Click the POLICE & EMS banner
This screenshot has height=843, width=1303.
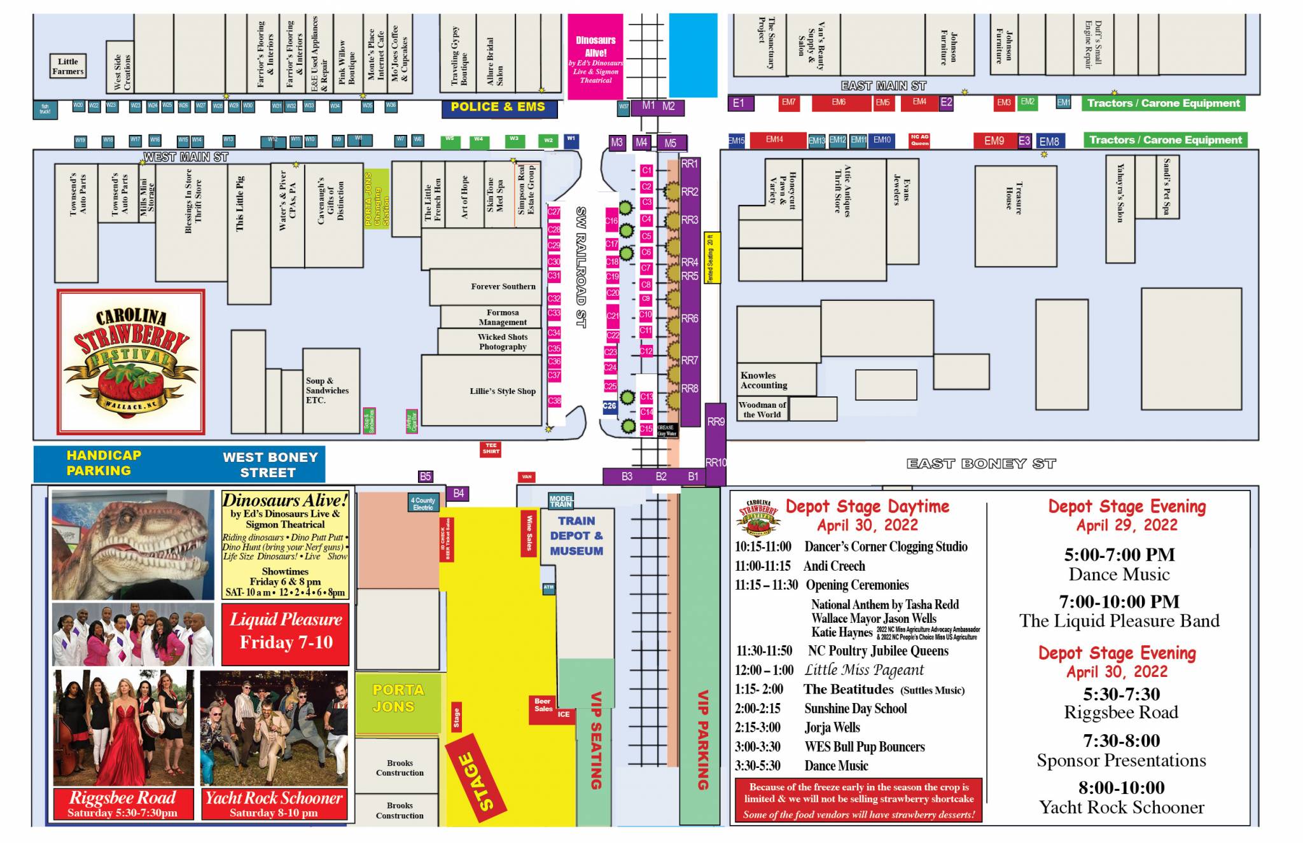click(x=499, y=108)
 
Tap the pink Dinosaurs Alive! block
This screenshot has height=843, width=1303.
click(x=595, y=57)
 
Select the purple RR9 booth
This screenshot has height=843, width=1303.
click(x=715, y=422)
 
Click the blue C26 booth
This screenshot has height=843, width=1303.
click(x=610, y=407)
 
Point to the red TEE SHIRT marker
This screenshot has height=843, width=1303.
click(x=491, y=449)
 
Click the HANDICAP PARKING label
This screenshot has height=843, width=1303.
click(x=102, y=463)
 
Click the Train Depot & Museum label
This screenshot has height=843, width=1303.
click(x=576, y=536)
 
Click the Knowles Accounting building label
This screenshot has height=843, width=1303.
click(x=764, y=380)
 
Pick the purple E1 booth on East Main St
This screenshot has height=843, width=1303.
click(x=739, y=103)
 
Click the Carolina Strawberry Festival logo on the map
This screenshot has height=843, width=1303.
click(x=131, y=361)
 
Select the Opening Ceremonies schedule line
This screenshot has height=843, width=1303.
click(x=856, y=585)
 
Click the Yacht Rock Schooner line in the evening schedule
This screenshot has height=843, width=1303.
click(x=1121, y=807)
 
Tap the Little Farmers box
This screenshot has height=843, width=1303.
click(x=67, y=66)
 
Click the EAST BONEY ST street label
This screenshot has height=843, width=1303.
click(x=980, y=464)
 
